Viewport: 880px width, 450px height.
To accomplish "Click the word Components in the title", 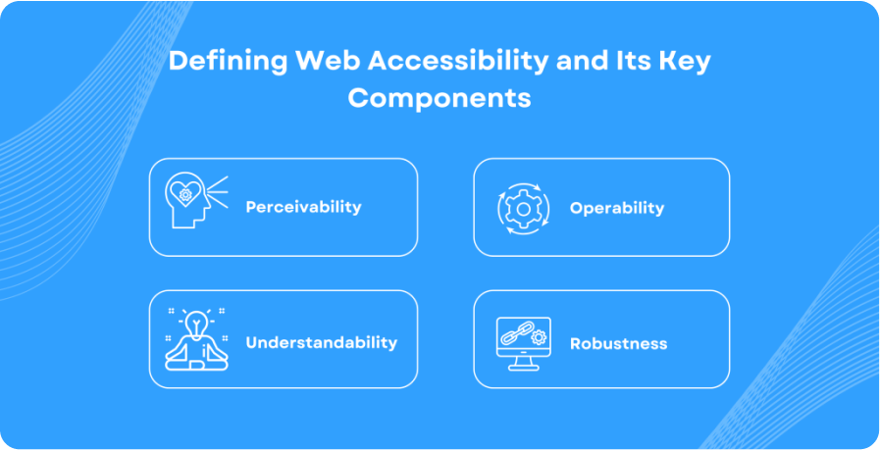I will coord(440,99).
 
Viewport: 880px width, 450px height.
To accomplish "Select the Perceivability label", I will coord(303,207).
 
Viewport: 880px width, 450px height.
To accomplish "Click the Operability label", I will coord(617,208).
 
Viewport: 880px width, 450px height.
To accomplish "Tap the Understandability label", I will coord(321,342).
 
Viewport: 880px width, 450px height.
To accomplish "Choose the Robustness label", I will coord(618,343).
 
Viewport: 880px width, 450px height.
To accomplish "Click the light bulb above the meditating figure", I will coord(197,321).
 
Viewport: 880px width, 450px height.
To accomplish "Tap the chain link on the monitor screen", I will coord(513,334).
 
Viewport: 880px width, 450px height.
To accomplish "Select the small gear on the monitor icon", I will coord(537,338).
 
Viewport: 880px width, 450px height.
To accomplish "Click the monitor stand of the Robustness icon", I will coord(522,364).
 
